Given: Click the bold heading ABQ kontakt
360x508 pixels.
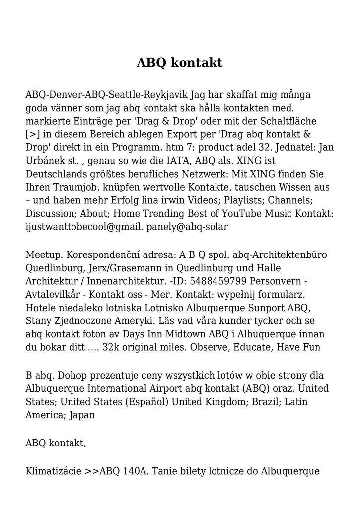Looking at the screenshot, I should click(x=180, y=63).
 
